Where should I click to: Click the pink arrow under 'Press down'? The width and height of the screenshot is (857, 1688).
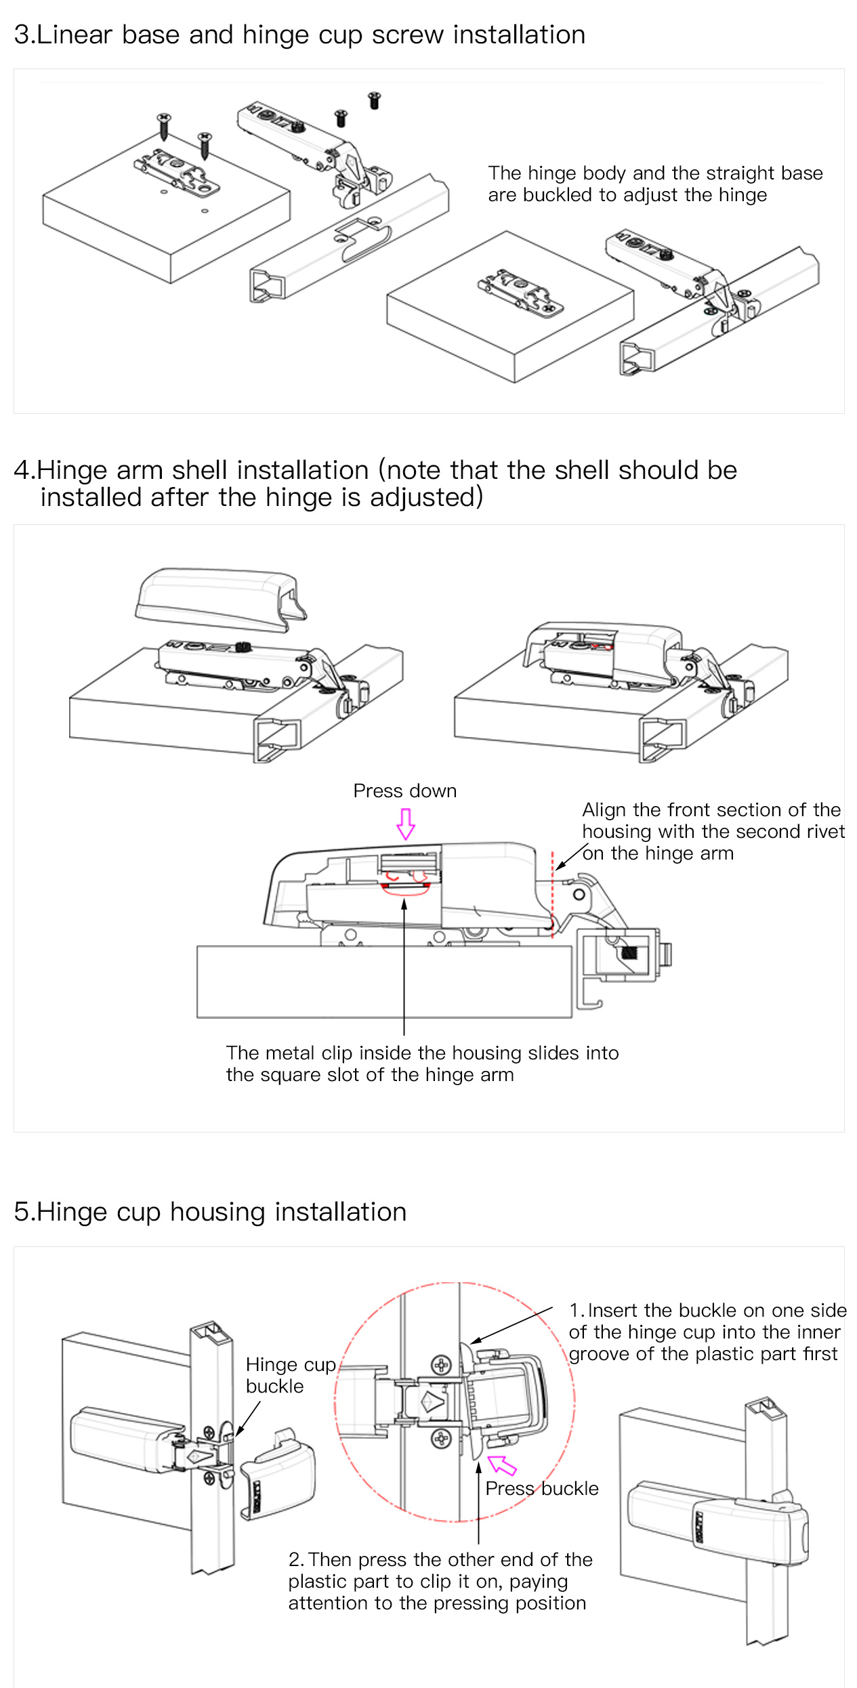pos(405,824)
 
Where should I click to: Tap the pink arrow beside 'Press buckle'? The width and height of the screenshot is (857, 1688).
pos(502,1464)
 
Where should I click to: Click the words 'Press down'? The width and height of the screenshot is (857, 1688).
pos(405,790)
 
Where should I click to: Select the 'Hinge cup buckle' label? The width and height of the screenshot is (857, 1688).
pos(291,1375)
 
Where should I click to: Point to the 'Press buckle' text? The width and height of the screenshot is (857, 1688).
pos(542,1488)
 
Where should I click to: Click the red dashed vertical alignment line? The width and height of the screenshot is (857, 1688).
pos(553,895)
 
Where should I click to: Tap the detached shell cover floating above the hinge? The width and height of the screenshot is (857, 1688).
pos(220,599)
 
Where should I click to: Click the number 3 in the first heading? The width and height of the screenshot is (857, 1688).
pos(22,35)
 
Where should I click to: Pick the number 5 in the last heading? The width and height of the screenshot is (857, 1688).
pos(22,1212)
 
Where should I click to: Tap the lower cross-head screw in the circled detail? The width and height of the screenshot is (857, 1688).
pos(442,1439)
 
